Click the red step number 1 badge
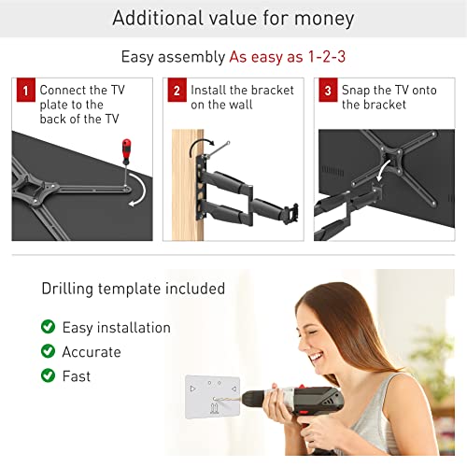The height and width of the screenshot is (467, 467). (26, 90)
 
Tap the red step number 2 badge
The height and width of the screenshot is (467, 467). (177, 90)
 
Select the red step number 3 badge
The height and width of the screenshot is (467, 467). (328, 90)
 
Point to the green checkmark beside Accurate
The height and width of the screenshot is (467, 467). (48, 351)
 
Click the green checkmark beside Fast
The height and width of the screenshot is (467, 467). (48, 375)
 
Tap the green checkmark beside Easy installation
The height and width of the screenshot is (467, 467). (48, 327)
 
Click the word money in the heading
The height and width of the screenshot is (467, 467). (324, 19)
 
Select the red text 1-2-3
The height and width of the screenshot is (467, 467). (327, 57)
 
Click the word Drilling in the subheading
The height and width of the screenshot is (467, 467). (67, 289)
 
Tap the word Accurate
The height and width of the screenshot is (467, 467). (92, 352)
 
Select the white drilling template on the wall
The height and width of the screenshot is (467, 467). (213, 397)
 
